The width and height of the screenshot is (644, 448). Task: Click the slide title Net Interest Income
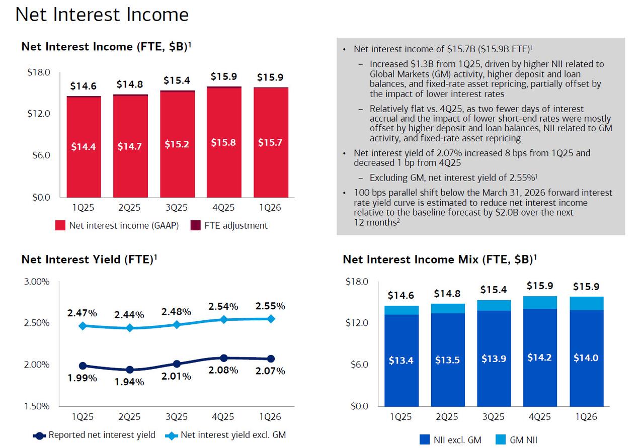[x=102, y=15]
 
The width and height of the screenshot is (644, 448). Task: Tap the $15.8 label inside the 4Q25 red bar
[x=223, y=143]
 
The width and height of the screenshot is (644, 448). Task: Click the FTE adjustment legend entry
[x=229, y=225]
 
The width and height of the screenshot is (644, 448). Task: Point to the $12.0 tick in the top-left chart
[x=39, y=114]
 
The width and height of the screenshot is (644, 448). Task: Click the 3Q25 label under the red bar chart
[x=177, y=208]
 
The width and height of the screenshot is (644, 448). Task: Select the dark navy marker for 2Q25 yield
[x=130, y=370]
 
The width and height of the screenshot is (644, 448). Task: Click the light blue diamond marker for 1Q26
[x=271, y=318]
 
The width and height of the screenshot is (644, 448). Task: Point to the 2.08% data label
[x=224, y=371]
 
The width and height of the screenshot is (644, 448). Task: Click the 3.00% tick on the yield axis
[x=37, y=282]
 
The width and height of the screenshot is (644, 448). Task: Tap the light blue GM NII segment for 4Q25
[x=539, y=302]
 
